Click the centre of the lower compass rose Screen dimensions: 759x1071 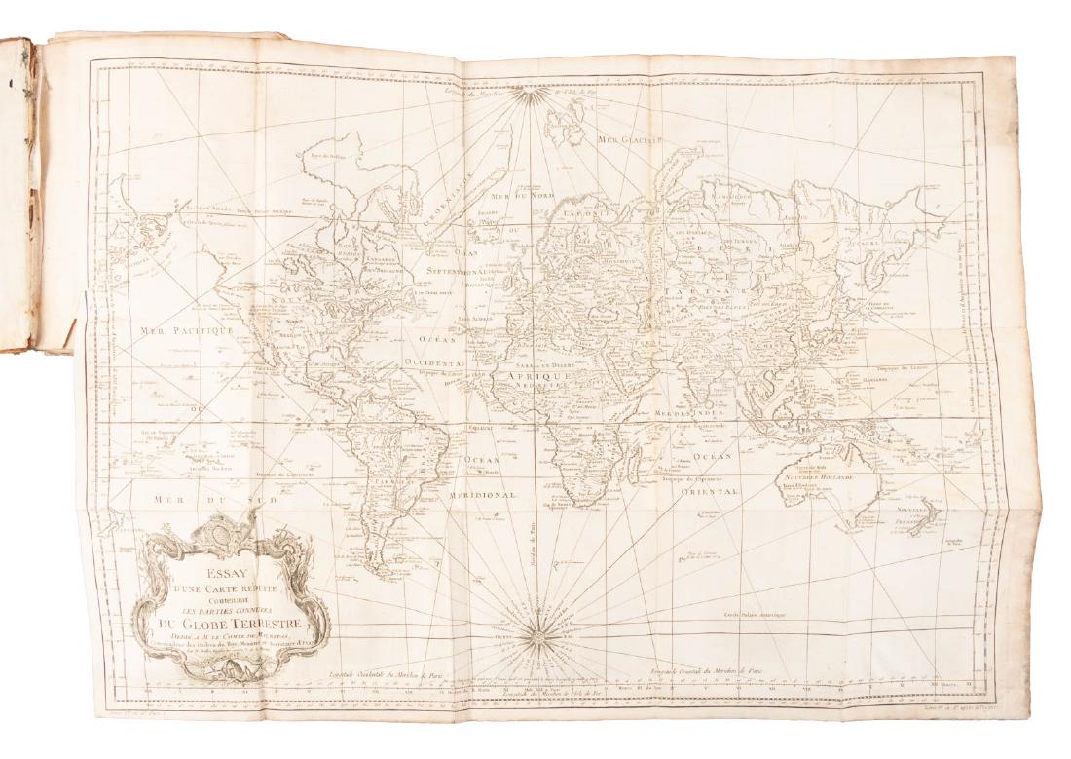pyautogui.click(x=536, y=639)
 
